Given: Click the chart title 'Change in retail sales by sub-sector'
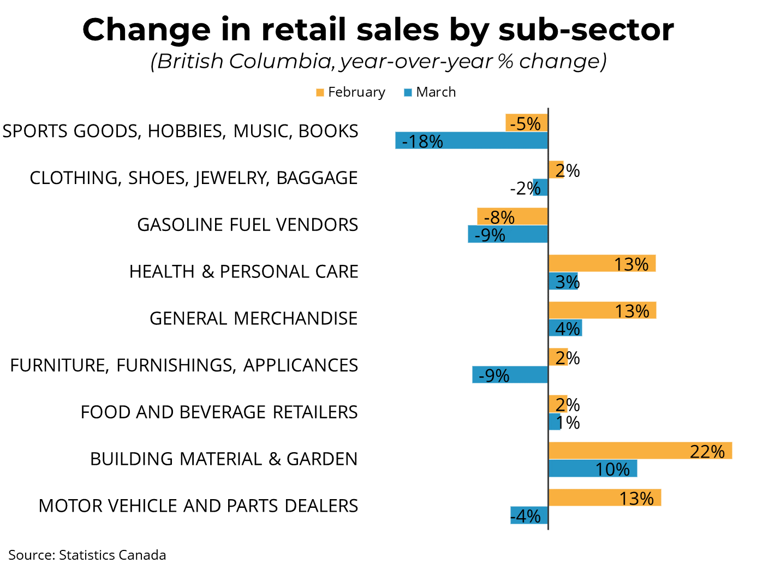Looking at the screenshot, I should [x=378, y=29].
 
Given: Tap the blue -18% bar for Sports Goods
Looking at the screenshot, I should [x=472, y=141].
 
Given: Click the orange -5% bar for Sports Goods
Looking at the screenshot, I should [x=526, y=123].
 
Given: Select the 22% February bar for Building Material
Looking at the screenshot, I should [x=640, y=451].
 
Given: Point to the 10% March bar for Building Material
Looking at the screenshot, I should [x=592, y=469].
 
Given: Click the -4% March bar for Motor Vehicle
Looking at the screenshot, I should [x=529, y=515].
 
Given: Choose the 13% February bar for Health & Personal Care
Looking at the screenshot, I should [x=601, y=264].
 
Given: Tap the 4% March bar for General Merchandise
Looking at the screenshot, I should [x=565, y=328].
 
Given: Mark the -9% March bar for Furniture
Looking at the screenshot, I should [x=510, y=375].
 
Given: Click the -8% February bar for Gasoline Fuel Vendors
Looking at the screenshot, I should [x=512, y=217].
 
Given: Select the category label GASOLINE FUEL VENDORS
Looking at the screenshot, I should [x=247, y=225].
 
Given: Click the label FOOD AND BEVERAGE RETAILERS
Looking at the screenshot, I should [x=219, y=412].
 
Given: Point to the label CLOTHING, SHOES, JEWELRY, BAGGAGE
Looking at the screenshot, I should [x=194, y=178].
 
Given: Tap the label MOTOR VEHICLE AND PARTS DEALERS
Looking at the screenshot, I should [x=198, y=506].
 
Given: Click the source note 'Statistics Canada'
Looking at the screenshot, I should [x=87, y=555].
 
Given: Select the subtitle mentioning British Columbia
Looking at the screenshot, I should [x=378, y=61].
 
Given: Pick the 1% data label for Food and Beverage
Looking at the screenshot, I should [x=568, y=422].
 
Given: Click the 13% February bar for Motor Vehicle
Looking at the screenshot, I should [x=604, y=497].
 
